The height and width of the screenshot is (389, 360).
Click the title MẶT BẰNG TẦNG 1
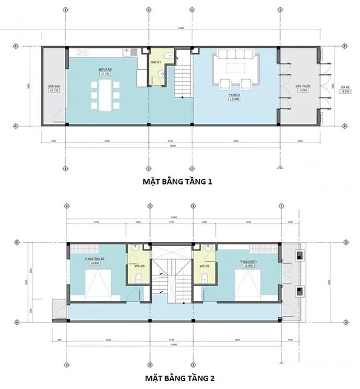pyautogui.click(x=180, y=180)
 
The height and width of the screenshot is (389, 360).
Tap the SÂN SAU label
pyautogui.click(x=53, y=88)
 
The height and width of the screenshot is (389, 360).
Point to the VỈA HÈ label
pyautogui.click(x=345, y=88)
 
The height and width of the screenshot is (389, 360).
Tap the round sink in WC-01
pyautogui.click(x=159, y=74)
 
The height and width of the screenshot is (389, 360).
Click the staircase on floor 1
pyautogui.click(x=182, y=82)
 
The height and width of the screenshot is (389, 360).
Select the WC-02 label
pyautogui.click(x=205, y=265)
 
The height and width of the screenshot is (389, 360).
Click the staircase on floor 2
pyautogui.click(x=171, y=272)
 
